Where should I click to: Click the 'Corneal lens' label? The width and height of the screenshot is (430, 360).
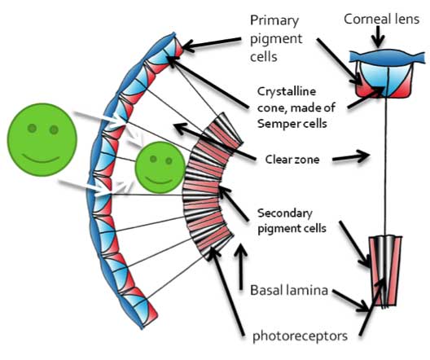click(381, 20)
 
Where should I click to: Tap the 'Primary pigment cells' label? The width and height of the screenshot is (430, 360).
click(276, 38)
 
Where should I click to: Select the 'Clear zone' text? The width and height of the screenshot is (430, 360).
click(292, 160)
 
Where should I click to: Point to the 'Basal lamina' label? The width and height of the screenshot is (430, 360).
click(289, 290)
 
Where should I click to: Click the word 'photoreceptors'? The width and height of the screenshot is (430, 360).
click(300, 336)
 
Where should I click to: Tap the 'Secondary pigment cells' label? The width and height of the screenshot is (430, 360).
click(292, 221)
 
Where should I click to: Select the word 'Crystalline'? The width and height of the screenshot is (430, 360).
click(287, 91)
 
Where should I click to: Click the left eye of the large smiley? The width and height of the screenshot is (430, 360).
click(32, 128)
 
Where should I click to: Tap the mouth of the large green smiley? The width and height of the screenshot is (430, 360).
click(41, 159)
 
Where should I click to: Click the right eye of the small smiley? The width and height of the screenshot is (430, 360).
click(169, 160)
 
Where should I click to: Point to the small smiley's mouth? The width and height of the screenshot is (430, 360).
click(159, 181)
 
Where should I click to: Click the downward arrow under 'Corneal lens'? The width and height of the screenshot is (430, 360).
click(379, 37)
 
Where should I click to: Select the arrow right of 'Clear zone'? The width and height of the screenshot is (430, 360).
click(351, 156)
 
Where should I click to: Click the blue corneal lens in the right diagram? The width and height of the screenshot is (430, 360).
click(387, 57)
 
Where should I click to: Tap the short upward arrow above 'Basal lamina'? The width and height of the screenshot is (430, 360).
click(241, 266)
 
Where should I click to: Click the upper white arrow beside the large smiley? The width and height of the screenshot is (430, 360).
click(99, 118)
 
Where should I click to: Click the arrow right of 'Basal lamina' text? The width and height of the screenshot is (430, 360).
click(350, 301)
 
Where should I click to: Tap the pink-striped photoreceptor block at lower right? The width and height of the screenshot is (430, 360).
click(384, 270)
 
